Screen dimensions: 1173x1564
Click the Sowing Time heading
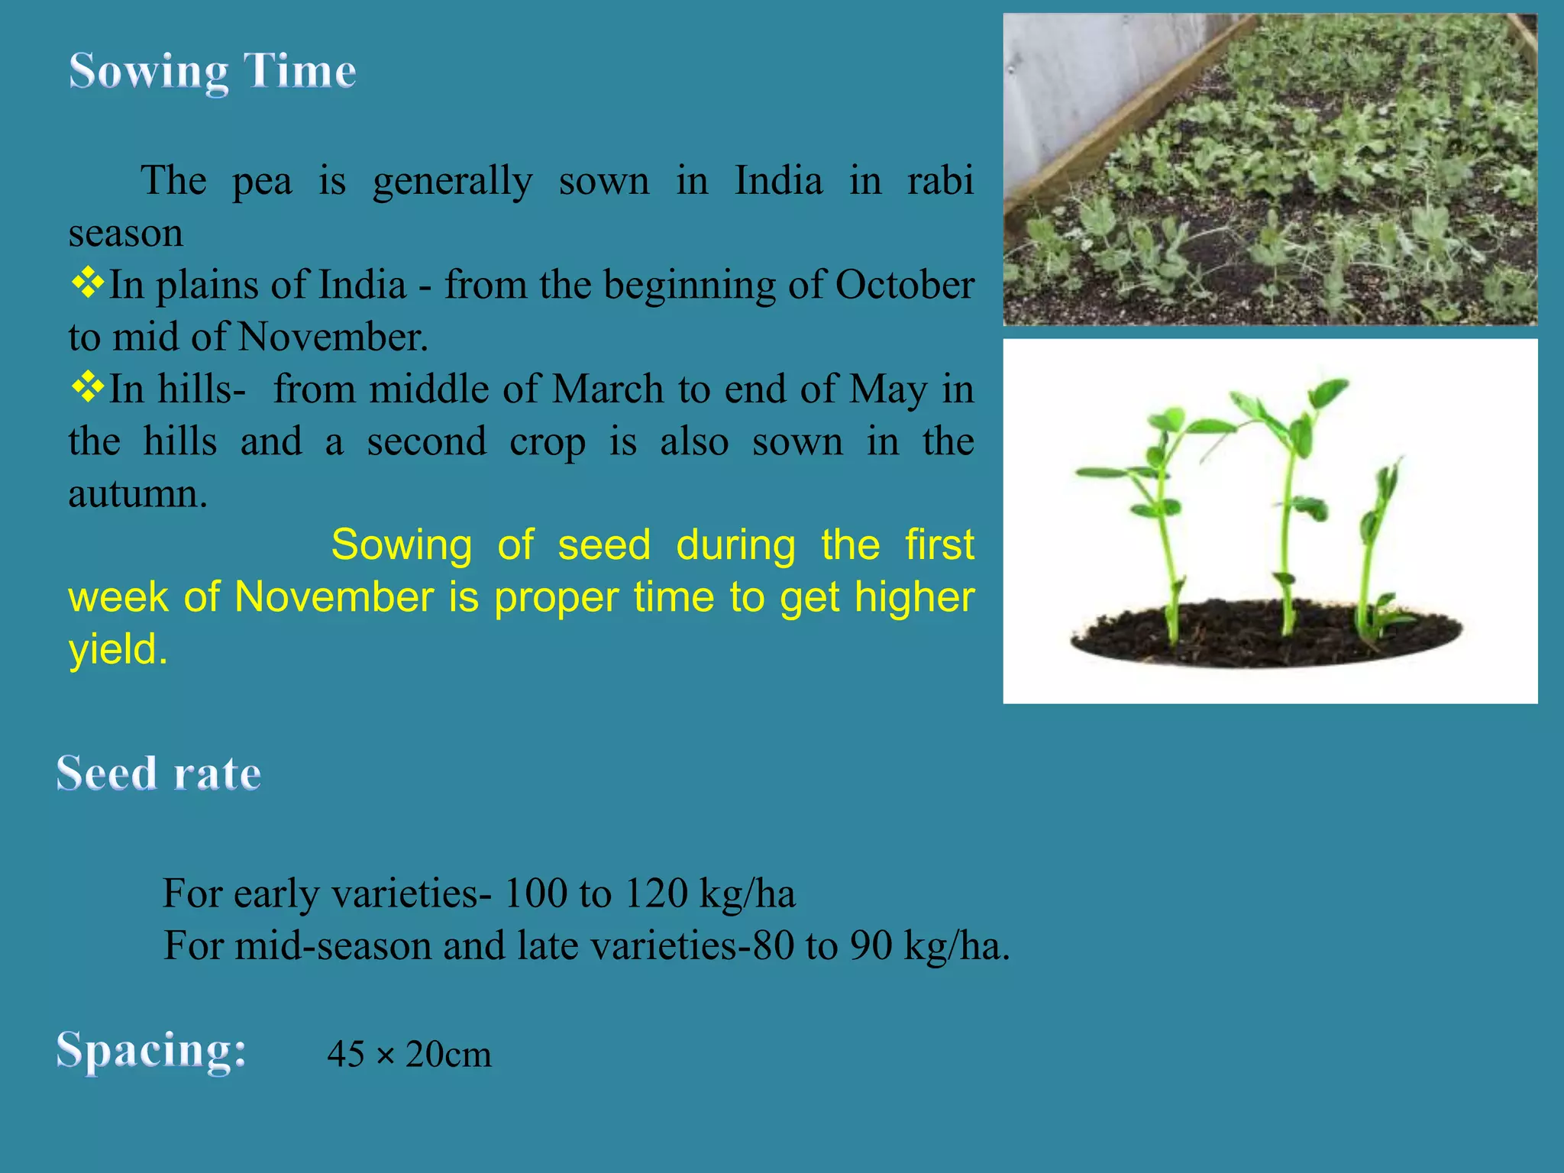pyautogui.click(x=212, y=72)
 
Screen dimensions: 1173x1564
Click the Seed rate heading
pyautogui.click(x=159, y=774)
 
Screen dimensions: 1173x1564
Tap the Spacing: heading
pyautogui.click(x=151, y=1050)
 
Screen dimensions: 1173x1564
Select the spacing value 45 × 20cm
pyautogui.click(x=409, y=1055)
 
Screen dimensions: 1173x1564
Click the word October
pyautogui.click(x=904, y=286)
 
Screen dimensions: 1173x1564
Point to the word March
pyautogui.click(x=608, y=389)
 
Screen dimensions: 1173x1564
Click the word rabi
pyautogui.click(x=939, y=182)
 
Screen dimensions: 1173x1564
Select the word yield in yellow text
pyautogui.click(x=118, y=649)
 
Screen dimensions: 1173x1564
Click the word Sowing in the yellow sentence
pyautogui.click(x=402, y=545)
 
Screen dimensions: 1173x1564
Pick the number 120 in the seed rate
pyautogui.click(x=656, y=893)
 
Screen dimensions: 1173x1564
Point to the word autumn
pyautogui.click(x=137, y=494)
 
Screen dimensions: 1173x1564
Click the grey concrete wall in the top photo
pyautogui.click(x=1084, y=76)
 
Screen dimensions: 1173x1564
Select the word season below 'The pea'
pyautogui.click(x=126, y=234)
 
